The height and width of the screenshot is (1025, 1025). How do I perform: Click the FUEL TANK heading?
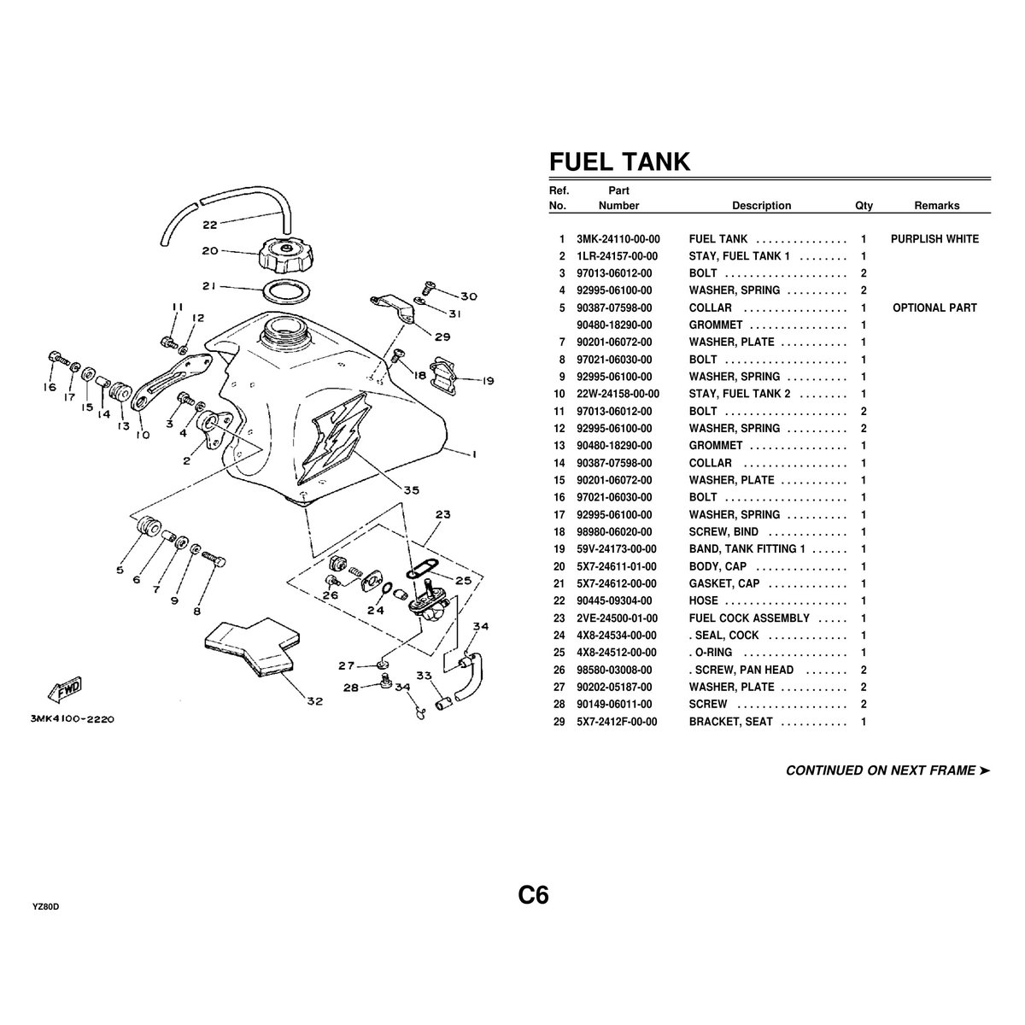[618, 161]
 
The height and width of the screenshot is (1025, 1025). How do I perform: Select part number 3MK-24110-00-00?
[618, 239]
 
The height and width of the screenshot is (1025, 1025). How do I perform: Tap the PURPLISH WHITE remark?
[934, 239]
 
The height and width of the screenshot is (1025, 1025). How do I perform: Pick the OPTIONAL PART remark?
[934, 308]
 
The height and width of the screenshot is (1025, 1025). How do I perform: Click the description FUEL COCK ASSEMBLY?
[748, 618]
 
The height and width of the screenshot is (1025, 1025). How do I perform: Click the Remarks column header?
[936, 206]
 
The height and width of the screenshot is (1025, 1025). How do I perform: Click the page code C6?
[533, 896]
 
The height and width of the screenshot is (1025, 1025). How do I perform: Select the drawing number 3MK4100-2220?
[72, 719]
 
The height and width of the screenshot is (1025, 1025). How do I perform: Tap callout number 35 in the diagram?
[412, 490]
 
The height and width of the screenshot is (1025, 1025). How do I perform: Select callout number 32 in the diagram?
[315, 702]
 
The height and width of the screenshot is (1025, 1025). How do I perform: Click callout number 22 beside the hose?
[210, 225]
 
